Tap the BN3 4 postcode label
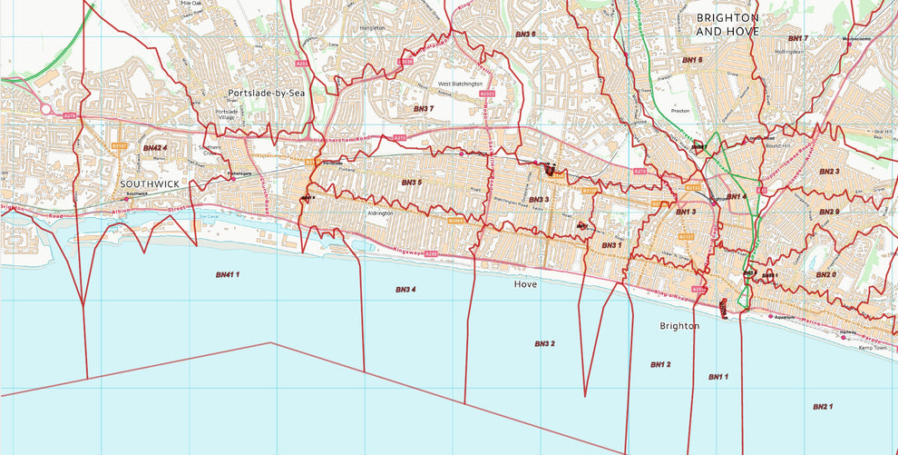coord(405,290)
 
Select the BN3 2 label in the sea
coord(544,344)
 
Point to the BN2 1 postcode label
coord(822,407)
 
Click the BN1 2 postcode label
coord(660,364)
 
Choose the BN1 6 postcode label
coord(692,60)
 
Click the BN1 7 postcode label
coord(797,38)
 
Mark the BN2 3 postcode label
coord(829,172)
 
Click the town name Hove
coord(525,284)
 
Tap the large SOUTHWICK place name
coord(150,183)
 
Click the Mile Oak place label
coord(191,4)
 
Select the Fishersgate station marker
coord(232,179)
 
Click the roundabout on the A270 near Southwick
coord(45,109)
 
